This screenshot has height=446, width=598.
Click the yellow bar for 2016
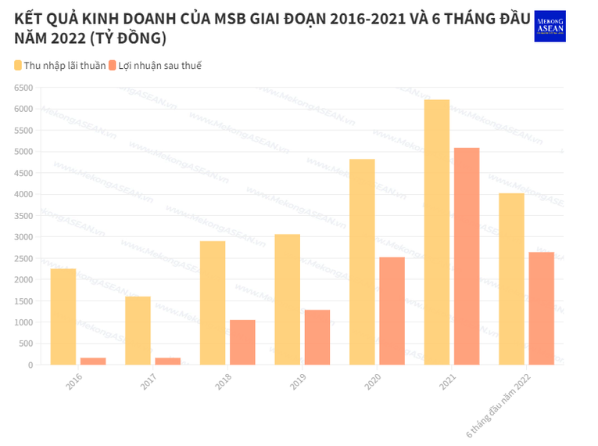(63, 317)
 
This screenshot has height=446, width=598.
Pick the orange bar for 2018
(242, 343)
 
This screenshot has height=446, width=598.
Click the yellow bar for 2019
(287, 300)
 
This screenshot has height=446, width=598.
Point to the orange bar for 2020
(392, 311)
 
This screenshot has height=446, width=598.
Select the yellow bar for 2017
(138, 331)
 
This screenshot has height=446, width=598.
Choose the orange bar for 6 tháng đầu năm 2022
(541, 308)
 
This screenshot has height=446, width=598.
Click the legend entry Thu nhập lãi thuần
(59, 66)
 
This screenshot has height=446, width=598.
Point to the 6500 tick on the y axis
(23, 88)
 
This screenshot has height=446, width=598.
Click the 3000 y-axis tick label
(23, 237)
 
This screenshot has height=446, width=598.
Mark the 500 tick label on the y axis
(26, 343)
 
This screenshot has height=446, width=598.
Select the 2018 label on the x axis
(224, 381)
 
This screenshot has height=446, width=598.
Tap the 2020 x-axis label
(374, 381)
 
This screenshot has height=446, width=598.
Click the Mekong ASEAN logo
(550, 26)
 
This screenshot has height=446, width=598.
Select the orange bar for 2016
(93, 361)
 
